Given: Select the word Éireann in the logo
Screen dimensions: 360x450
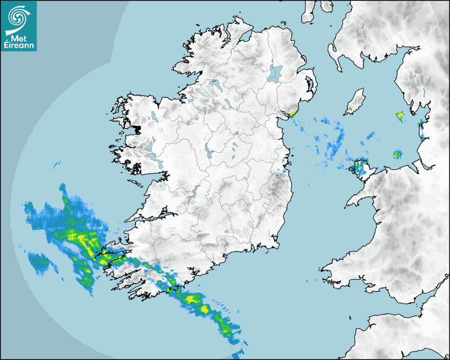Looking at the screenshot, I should [x=19, y=46].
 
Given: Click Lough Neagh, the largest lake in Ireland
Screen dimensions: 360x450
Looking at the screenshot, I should [x=276, y=73].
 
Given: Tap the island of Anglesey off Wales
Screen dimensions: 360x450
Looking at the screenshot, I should [x=361, y=167].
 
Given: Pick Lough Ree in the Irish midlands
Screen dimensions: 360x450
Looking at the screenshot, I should [x=210, y=154].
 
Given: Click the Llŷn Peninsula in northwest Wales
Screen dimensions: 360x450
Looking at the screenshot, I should [x=360, y=198].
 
